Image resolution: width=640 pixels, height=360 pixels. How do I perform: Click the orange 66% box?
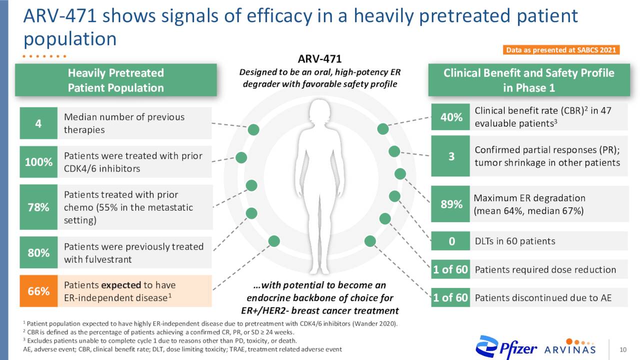tap(38, 291)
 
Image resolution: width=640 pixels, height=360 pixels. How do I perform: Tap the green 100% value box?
tap(38, 162)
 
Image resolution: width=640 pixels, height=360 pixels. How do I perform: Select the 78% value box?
tap(38, 207)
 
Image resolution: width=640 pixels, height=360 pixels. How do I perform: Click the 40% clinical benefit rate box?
tap(450, 117)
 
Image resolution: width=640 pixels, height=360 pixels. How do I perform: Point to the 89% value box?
tap(450, 204)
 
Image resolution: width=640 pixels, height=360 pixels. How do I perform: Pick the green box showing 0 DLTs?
tap(450, 241)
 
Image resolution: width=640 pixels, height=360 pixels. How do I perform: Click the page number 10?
tap(623, 349)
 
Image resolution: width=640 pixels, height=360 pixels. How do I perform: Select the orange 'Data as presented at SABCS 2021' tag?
tap(561, 50)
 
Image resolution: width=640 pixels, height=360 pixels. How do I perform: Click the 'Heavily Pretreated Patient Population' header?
tap(115, 80)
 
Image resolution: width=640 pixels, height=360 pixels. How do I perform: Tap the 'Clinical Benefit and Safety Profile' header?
tap(528, 80)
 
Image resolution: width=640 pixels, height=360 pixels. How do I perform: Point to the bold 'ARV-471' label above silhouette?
tap(319, 59)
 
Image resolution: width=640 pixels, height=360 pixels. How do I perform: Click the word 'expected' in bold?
tap(121, 285)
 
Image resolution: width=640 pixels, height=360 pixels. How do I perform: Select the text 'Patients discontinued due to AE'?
tap(543, 298)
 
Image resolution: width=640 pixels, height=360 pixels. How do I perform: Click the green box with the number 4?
tap(38, 123)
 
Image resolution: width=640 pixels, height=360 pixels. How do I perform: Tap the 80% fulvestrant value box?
tap(38, 252)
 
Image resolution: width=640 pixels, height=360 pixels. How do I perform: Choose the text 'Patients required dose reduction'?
tap(545, 269)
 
